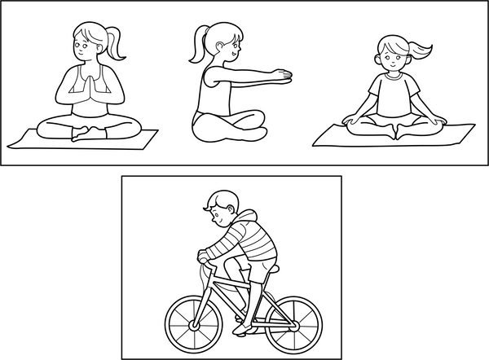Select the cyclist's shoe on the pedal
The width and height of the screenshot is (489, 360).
tap(241, 329)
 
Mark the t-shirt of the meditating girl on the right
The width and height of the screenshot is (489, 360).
tap(392, 92)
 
